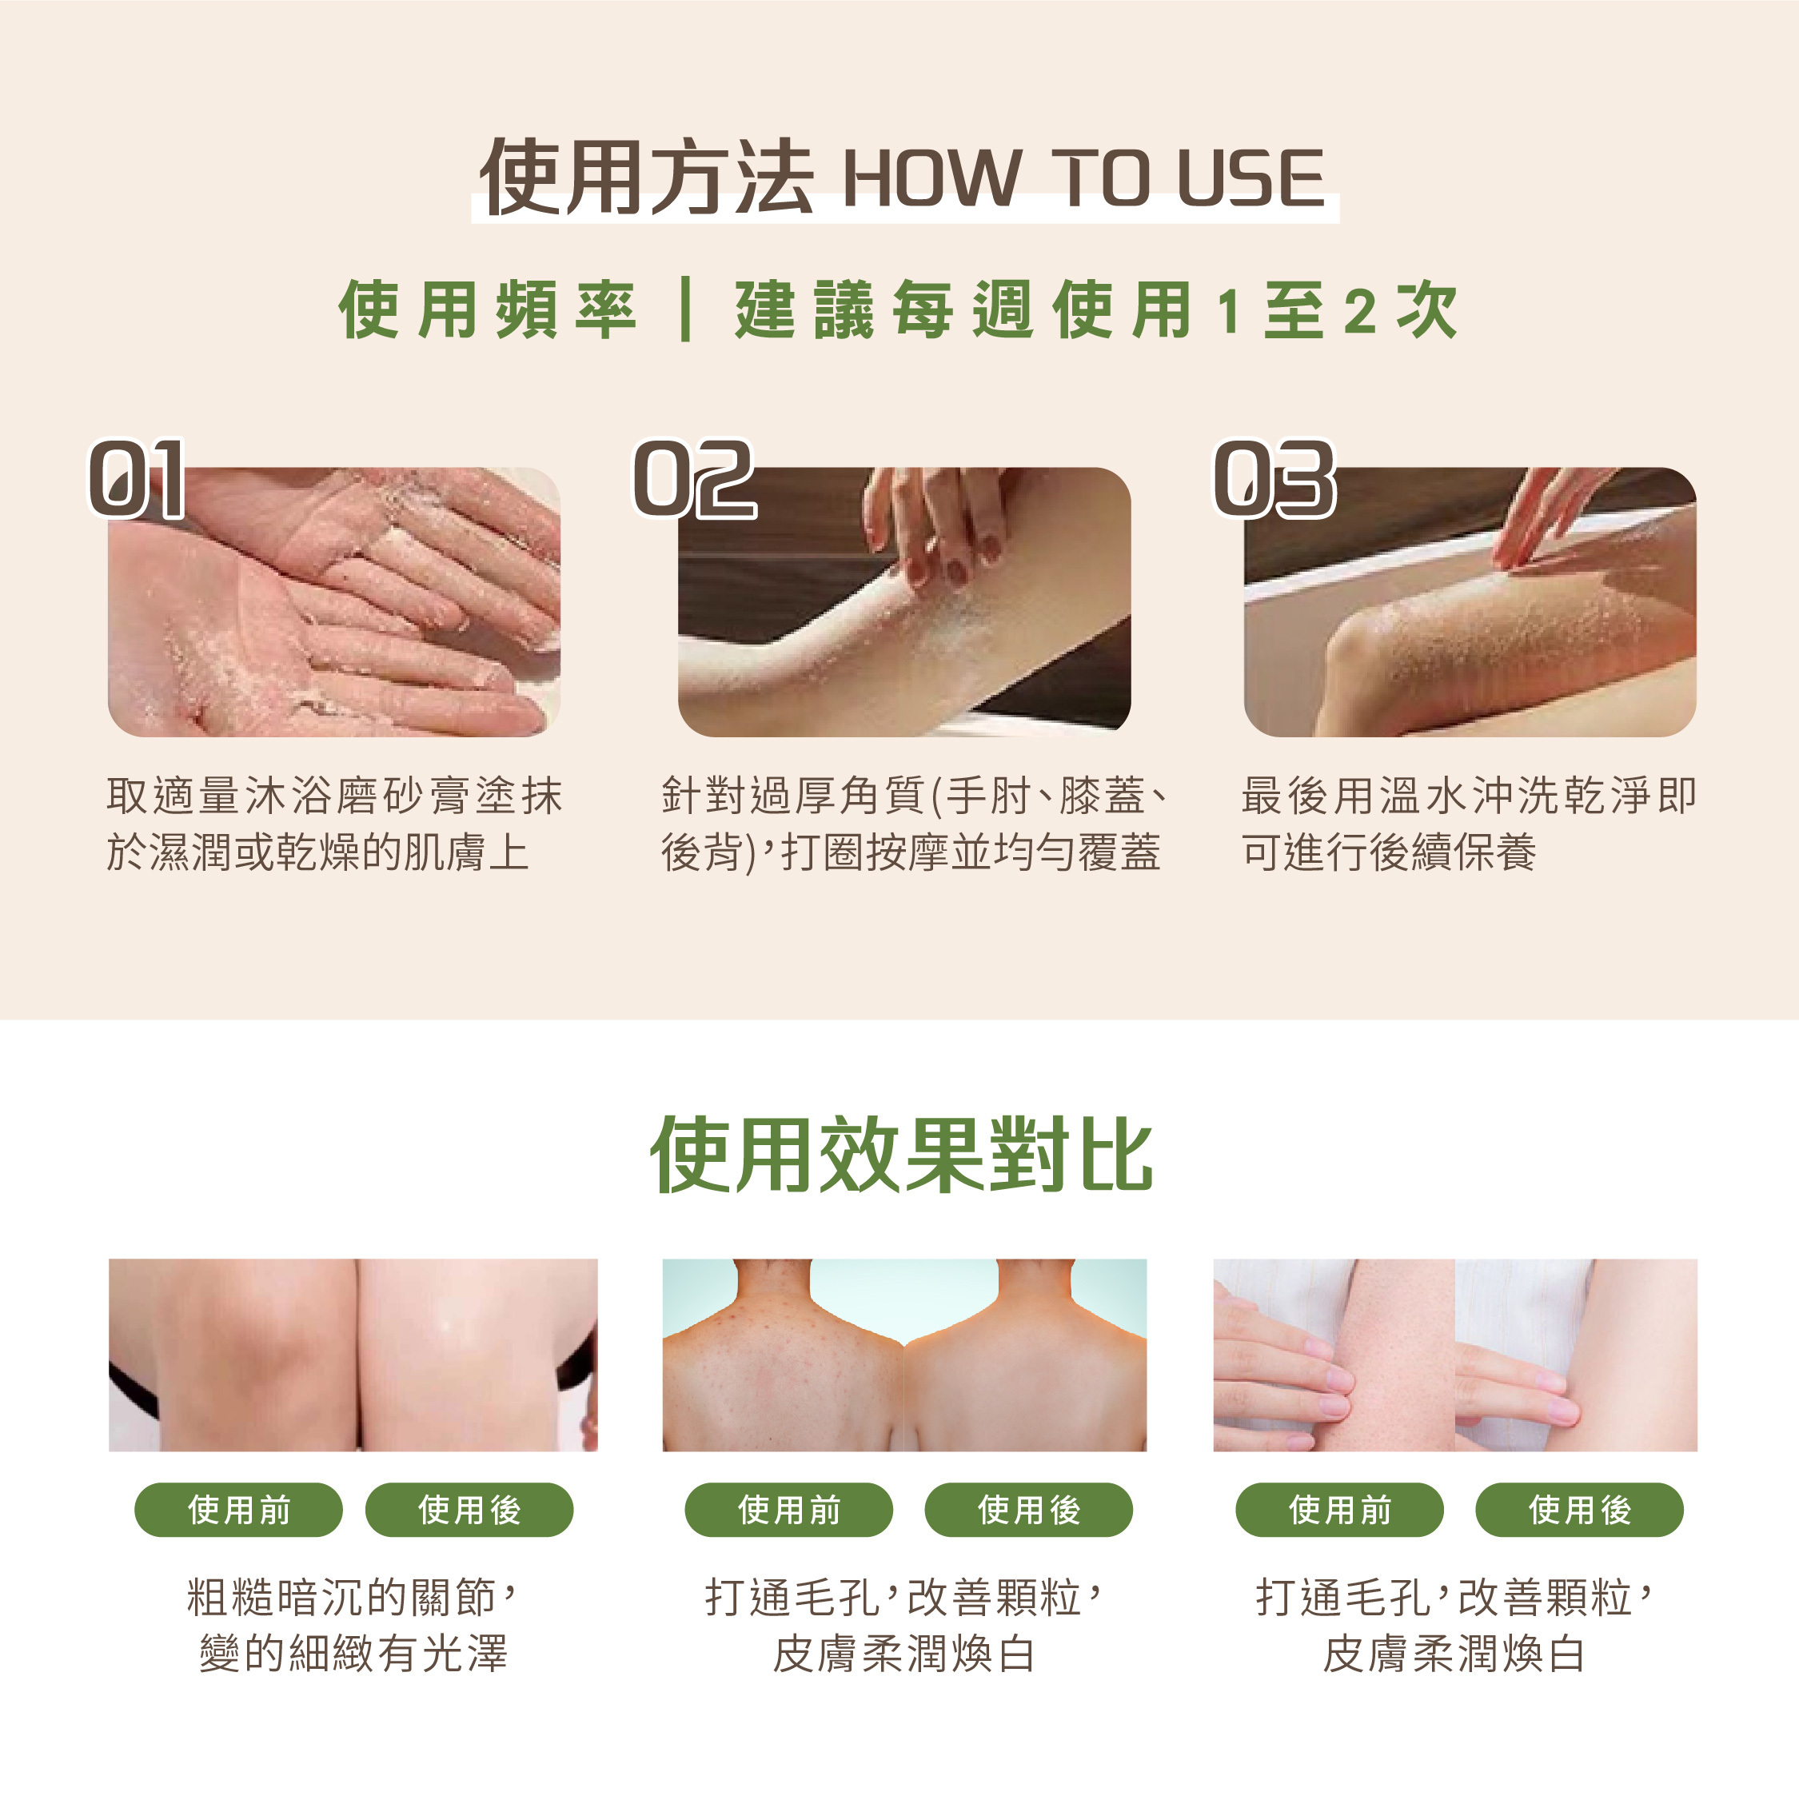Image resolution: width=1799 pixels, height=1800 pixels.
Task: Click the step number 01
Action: (x=137, y=479)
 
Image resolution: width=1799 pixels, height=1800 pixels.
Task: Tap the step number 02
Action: (x=694, y=479)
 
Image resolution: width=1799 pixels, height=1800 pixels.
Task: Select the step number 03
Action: (x=1274, y=479)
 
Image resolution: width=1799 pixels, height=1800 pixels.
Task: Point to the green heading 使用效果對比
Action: (x=901, y=1155)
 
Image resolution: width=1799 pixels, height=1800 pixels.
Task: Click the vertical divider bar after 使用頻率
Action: (x=686, y=309)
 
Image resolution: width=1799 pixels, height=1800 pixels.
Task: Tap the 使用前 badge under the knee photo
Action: (x=238, y=1509)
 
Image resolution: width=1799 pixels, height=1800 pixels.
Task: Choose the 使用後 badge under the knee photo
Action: (x=469, y=1509)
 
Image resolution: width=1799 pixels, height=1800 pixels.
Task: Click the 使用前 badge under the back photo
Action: (x=789, y=1509)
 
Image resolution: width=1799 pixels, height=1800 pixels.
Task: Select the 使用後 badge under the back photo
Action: (x=1028, y=1509)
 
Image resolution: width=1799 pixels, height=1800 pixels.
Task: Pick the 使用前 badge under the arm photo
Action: (x=1340, y=1509)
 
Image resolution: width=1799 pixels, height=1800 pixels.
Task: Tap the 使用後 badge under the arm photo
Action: (x=1580, y=1509)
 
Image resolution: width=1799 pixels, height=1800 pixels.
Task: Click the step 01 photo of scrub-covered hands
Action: (x=334, y=602)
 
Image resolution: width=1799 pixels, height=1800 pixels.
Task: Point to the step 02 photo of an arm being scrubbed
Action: (x=904, y=602)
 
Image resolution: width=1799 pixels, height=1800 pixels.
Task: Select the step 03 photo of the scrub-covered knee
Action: (x=1470, y=602)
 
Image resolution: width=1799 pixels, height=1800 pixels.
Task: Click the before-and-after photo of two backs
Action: (x=904, y=1355)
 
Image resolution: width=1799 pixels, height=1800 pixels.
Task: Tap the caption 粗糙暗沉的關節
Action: (x=341, y=1597)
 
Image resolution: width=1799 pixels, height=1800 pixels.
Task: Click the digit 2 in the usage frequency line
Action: (x=1360, y=311)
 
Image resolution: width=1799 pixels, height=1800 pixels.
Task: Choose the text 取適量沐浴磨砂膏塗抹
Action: (x=335, y=796)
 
